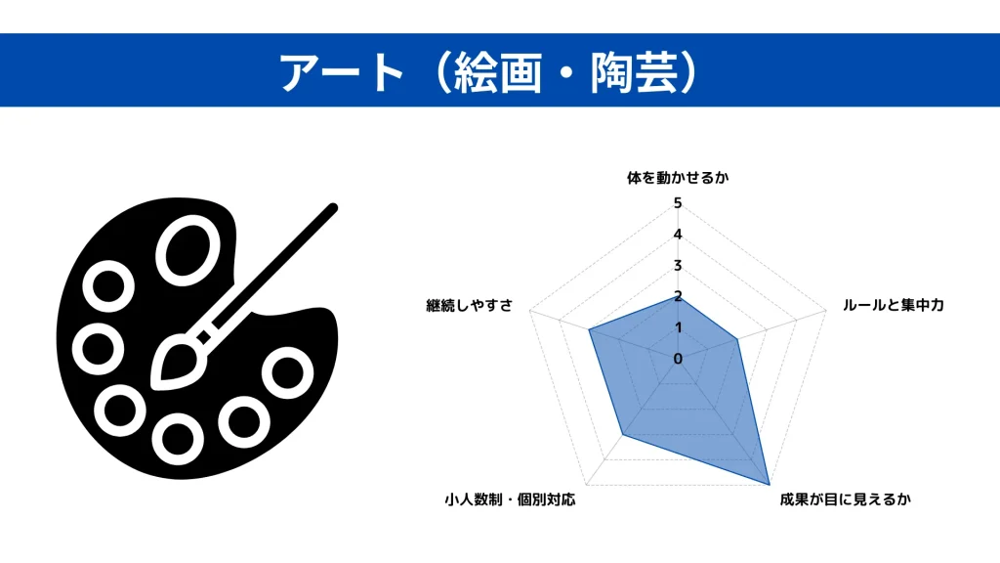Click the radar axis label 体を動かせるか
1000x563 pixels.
(678, 178)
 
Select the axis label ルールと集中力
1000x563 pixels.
(893, 305)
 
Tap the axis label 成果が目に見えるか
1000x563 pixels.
(845, 499)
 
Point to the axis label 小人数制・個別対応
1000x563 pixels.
(510, 499)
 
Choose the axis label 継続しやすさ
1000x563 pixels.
(470, 306)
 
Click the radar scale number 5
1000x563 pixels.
(678, 203)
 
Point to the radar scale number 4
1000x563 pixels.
(678, 235)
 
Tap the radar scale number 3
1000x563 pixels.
(678, 266)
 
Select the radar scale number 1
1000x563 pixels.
(678, 327)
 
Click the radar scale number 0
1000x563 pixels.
(678, 359)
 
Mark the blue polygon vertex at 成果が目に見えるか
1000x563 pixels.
(770, 484)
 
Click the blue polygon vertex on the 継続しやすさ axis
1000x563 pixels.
(589, 330)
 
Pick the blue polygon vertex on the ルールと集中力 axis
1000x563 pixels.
(737, 339)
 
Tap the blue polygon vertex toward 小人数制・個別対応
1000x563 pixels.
(622, 435)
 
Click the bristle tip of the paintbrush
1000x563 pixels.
(154, 385)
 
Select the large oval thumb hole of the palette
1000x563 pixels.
(188, 250)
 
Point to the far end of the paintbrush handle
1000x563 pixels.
(333, 207)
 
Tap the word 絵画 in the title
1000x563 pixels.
(497, 72)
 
